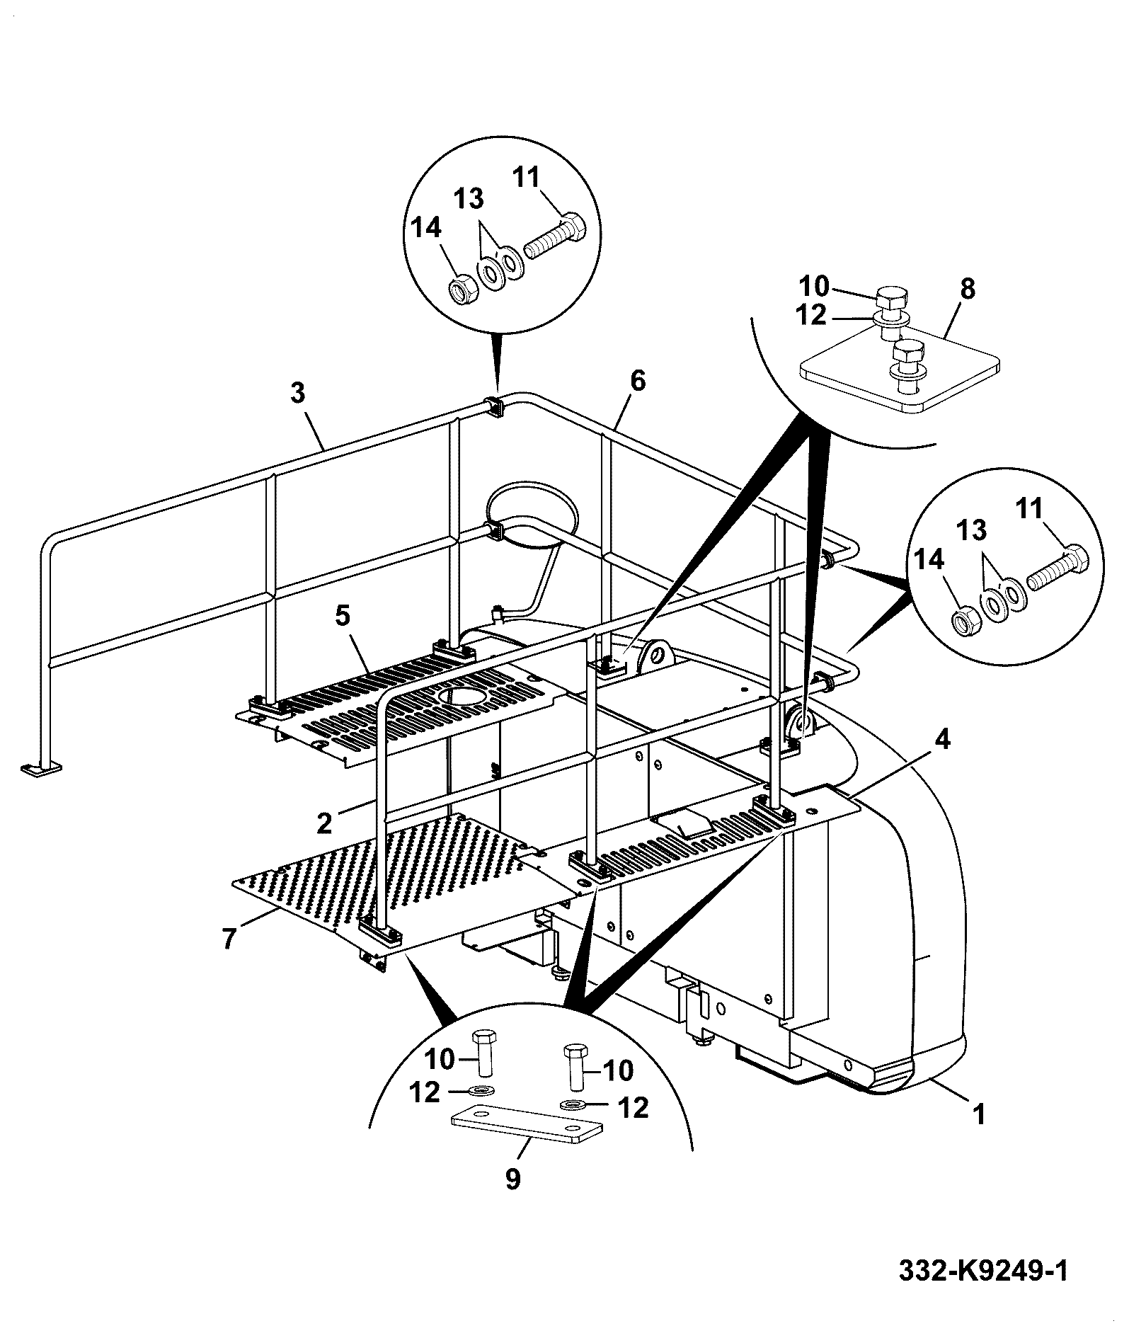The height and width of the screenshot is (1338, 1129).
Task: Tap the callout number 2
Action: pos(325,822)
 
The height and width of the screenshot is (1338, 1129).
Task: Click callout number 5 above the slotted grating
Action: pos(342,615)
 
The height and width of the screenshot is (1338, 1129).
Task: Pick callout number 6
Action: pos(638,381)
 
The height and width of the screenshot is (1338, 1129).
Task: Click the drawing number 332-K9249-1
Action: pos(982,1270)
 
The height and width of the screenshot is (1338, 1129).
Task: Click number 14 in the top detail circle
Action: pos(426,229)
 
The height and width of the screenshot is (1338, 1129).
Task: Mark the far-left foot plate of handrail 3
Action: pos(42,768)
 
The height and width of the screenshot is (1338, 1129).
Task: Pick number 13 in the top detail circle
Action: pos(469,199)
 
